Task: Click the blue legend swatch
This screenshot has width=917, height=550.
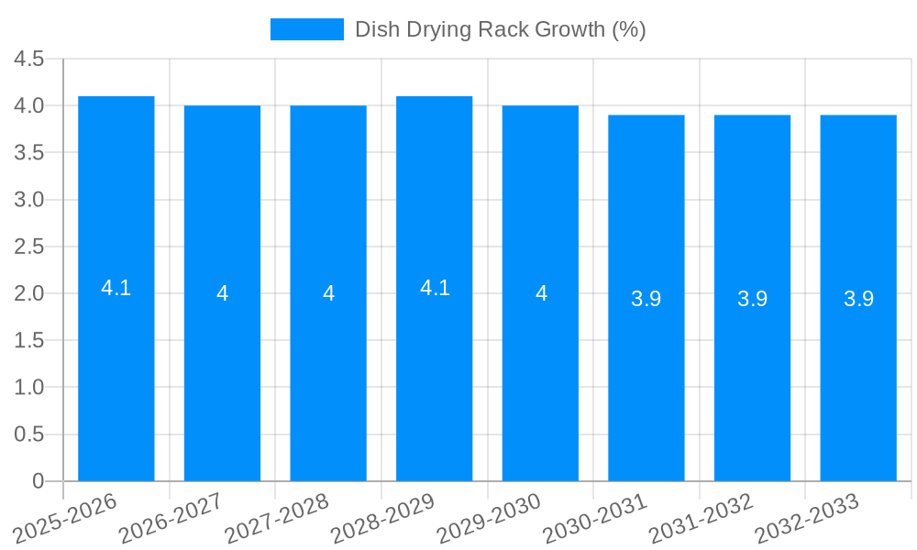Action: [x=306, y=29]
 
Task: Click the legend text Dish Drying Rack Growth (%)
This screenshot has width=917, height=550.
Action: [x=500, y=29]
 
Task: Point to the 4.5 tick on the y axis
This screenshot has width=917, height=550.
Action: [x=29, y=59]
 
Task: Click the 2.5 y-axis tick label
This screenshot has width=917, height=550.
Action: [x=29, y=247]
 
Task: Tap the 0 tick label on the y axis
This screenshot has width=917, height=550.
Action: [x=38, y=481]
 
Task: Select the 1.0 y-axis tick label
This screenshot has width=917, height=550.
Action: [x=29, y=388]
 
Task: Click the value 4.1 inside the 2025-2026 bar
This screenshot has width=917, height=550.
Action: [x=116, y=288]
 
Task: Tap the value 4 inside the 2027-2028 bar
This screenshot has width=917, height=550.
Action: [x=328, y=293]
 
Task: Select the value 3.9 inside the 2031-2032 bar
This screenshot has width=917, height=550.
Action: [x=752, y=299]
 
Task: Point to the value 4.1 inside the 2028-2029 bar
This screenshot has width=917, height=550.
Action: [x=435, y=288]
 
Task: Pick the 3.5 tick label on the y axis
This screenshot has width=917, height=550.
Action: [x=29, y=153]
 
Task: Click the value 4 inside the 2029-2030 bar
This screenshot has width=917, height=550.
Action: [x=541, y=293]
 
